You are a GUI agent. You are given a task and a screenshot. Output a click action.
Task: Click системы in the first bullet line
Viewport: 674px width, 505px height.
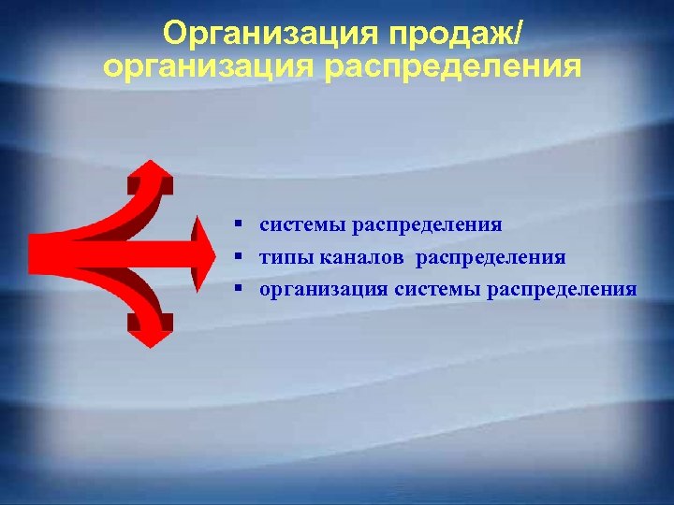302,224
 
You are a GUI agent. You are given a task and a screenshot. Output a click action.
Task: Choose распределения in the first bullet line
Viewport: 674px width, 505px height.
427,224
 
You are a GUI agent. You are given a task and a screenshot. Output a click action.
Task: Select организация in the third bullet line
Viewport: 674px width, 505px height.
323,289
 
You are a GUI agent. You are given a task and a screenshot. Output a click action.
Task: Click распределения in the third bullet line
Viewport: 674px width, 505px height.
562,289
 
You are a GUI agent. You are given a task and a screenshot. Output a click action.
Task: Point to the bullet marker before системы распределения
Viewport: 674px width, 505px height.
240,224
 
